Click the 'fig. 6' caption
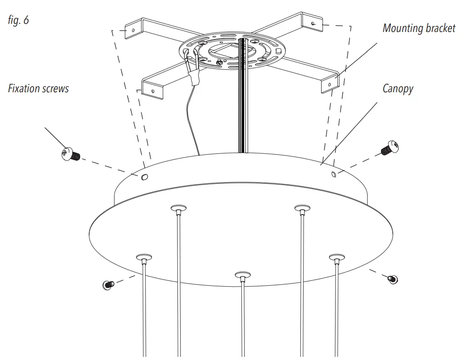[x=18, y=20]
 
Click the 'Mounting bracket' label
[x=418, y=28]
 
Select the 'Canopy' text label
[x=398, y=89]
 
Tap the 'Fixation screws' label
[x=38, y=88]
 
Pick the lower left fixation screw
[x=108, y=284]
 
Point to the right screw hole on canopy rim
[x=333, y=174]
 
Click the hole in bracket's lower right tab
[x=330, y=84]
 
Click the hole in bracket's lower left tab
[x=153, y=91]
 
